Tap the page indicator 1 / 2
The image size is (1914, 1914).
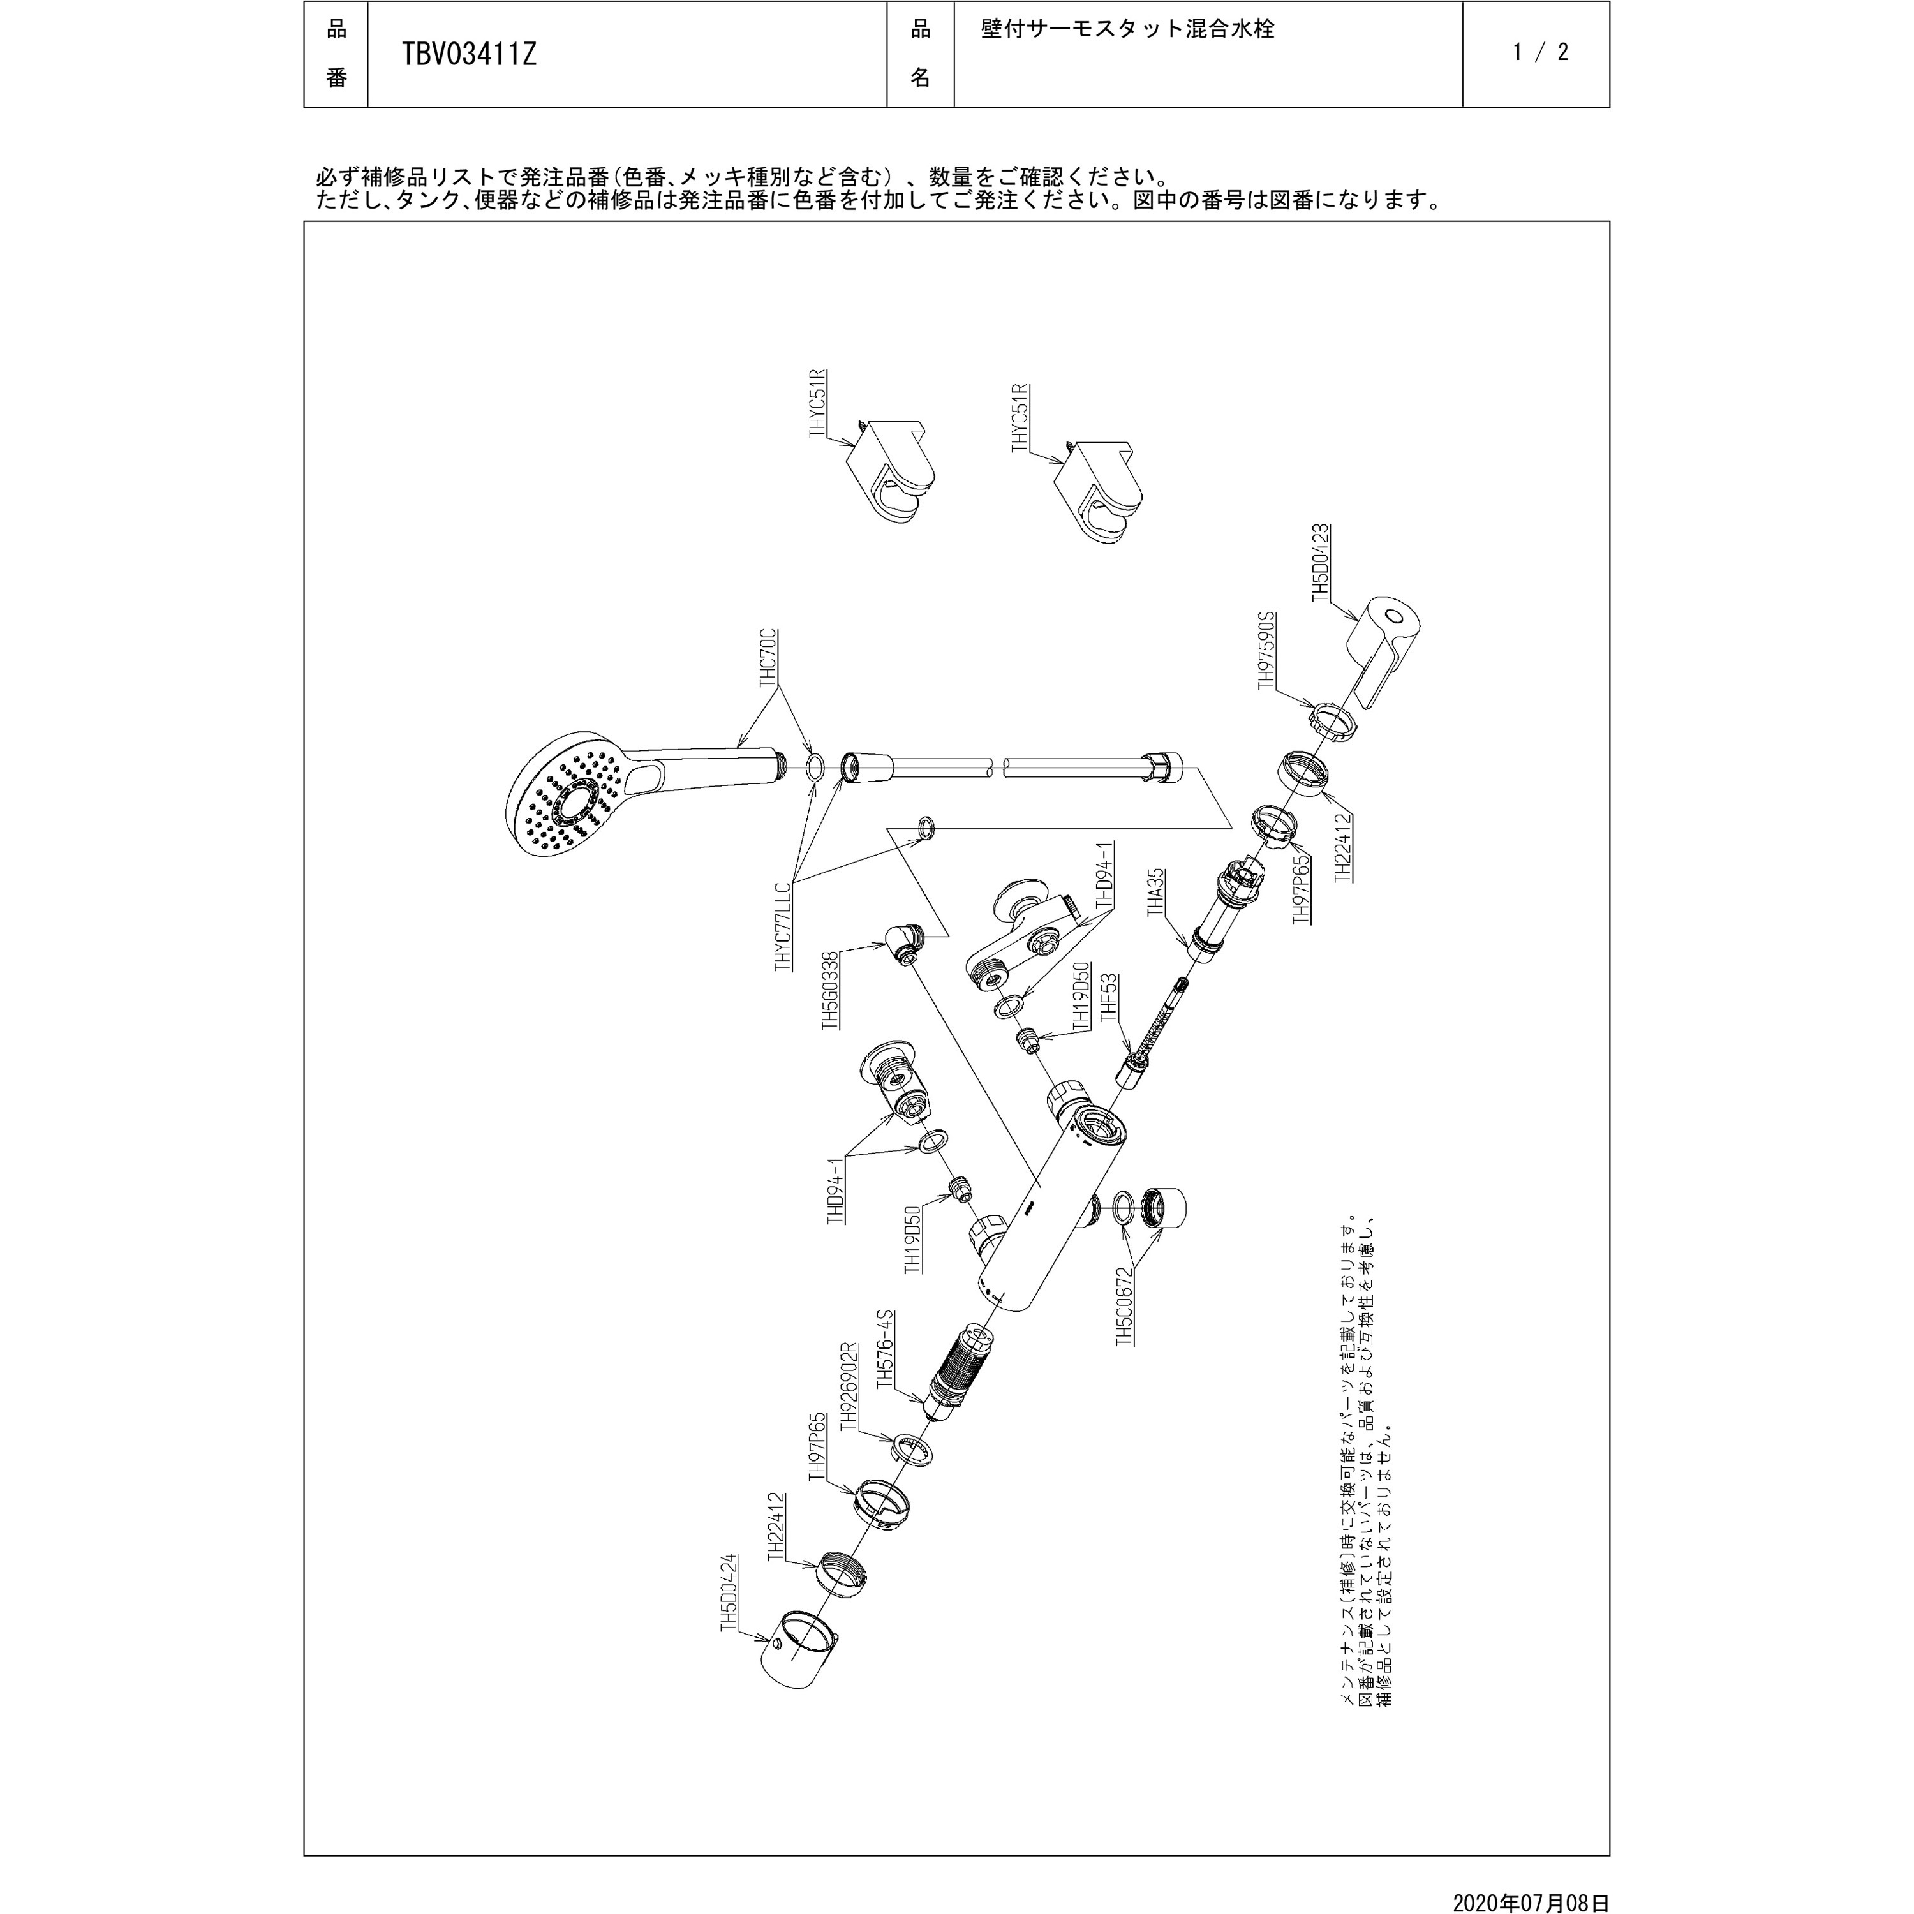tap(1541, 52)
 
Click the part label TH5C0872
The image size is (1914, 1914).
tap(1124, 1306)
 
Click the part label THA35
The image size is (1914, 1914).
tap(1155, 894)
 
